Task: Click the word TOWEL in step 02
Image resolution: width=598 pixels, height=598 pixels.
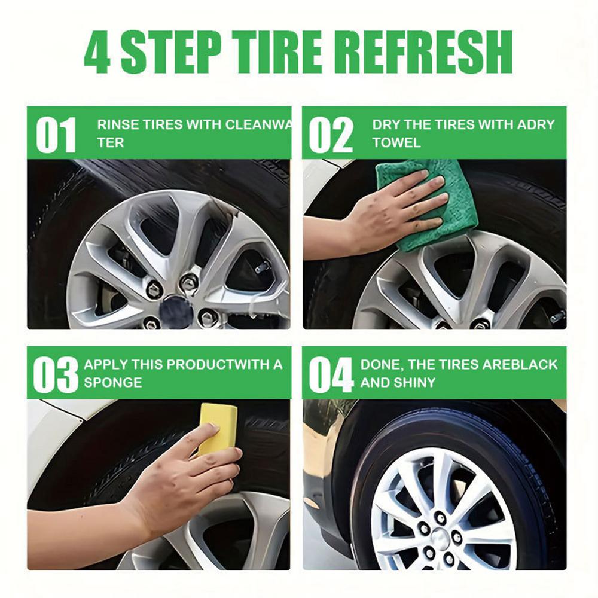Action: pyautogui.click(x=396, y=143)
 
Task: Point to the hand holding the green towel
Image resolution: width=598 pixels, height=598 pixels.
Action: pyautogui.click(x=395, y=209)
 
